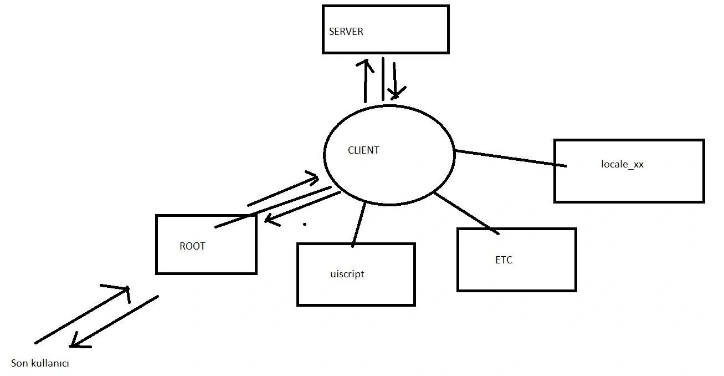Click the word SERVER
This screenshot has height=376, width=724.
click(346, 32)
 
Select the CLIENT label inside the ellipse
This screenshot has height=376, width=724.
click(363, 150)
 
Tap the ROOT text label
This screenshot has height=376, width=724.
click(192, 246)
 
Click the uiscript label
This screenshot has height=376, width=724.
click(347, 274)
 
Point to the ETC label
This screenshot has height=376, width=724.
click(504, 260)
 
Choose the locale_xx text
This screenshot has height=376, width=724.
click(622, 164)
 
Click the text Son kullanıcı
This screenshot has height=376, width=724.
click(40, 364)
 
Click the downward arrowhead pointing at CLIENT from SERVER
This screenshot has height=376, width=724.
click(396, 93)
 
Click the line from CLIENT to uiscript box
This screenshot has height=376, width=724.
click(359, 224)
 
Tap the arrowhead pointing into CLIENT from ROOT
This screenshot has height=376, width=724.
click(314, 178)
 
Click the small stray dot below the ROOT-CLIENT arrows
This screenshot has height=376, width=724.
click(305, 225)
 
